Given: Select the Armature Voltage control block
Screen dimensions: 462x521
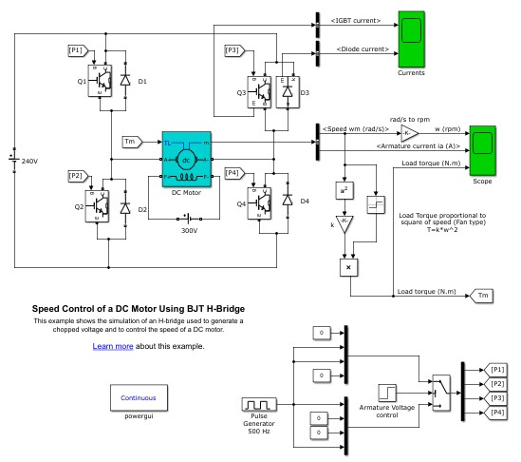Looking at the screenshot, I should [x=387, y=392].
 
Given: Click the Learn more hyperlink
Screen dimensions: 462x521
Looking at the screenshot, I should [x=112, y=346].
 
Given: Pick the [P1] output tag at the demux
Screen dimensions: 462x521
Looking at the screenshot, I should [x=498, y=368].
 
